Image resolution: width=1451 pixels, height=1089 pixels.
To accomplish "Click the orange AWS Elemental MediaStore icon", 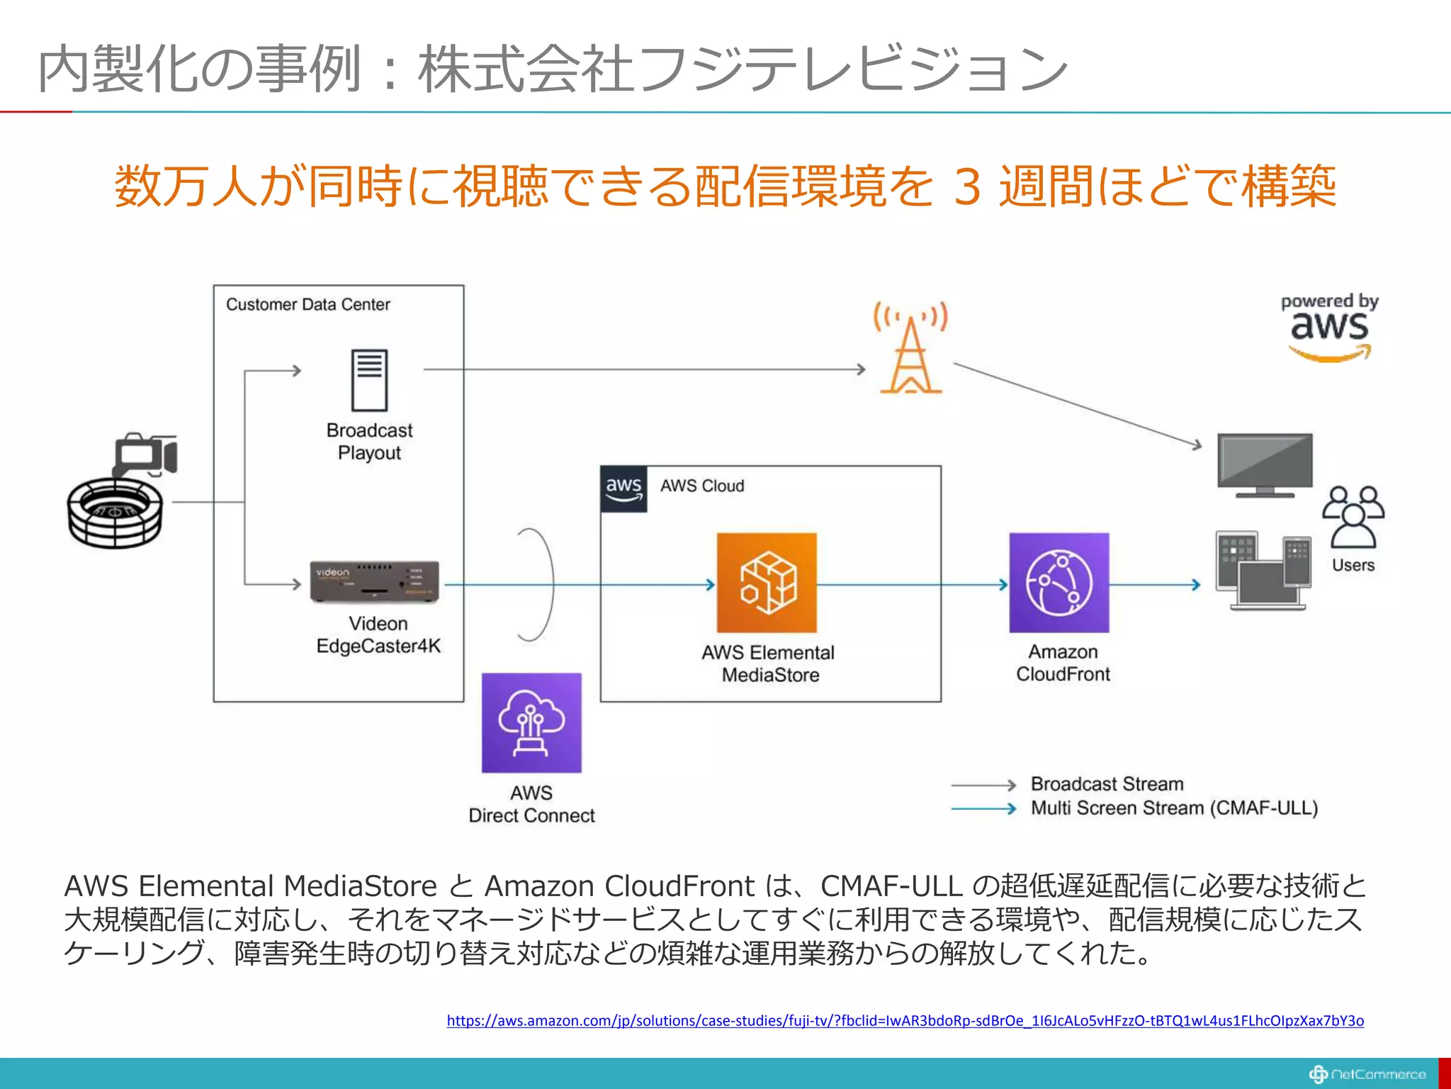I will click(767, 583).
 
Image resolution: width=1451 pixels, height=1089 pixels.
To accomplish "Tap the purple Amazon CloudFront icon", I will click(1058, 583).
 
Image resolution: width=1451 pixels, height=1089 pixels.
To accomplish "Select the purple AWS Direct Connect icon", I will click(531, 722).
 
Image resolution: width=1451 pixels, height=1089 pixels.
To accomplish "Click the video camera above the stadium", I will click(146, 454).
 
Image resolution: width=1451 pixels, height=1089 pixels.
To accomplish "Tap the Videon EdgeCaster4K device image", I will click(375, 582).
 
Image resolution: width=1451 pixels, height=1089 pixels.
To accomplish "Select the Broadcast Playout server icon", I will click(370, 381).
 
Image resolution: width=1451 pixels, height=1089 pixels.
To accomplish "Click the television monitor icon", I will click(1265, 464).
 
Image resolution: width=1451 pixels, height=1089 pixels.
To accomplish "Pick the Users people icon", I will click(1353, 518).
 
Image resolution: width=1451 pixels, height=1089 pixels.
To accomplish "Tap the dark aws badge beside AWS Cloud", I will click(623, 488).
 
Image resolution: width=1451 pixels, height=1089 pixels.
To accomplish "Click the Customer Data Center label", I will click(308, 305).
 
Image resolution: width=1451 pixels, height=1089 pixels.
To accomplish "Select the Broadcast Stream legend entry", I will click(1107, 784).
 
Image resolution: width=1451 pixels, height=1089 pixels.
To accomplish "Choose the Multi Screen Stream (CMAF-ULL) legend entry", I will click(1173, 808).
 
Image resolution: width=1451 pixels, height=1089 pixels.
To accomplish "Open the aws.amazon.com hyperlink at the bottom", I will click(905, 1020).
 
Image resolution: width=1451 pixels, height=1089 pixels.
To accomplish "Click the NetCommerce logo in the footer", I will click(1367, 1074).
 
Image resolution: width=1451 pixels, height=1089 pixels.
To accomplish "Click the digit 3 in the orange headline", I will click(967, 186).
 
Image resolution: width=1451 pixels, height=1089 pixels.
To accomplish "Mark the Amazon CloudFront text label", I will click(1063, 663).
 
